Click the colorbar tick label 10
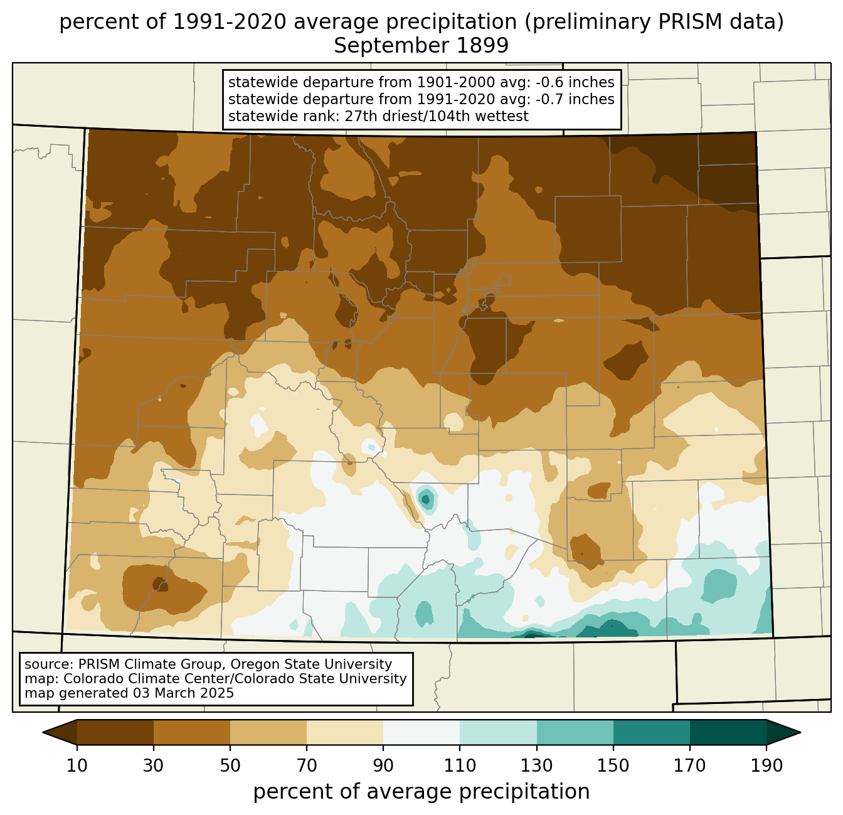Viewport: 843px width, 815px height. click(77, 765)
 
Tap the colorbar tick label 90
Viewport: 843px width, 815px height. click(383, 765)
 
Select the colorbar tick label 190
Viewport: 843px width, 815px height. click(766, 765)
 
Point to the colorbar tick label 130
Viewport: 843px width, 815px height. click(536, 765)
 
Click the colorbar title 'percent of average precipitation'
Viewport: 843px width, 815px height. click(422, 792)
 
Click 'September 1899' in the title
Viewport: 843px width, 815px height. click(421, 46)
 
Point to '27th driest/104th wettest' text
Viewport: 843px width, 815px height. click(437, 116)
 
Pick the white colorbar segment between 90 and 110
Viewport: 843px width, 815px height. click(422, 732)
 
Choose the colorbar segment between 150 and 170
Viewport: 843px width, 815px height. click(652, 732)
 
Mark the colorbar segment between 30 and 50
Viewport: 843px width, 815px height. click(191, 732)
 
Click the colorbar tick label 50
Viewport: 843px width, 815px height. click(230, 765)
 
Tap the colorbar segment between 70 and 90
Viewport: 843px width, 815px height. click(345, 732)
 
